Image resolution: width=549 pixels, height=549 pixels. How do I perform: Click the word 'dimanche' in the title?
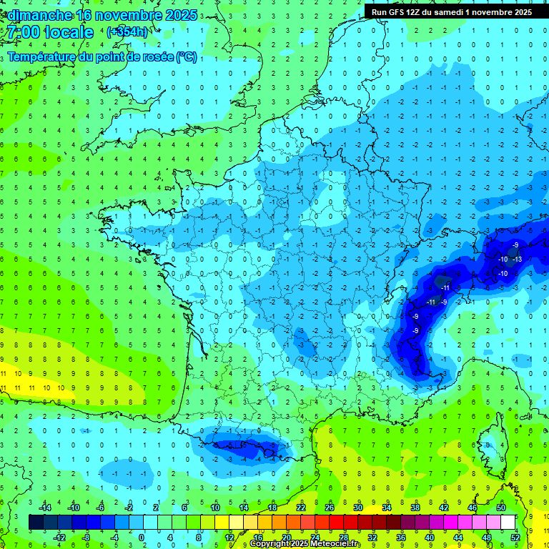click(38, 14)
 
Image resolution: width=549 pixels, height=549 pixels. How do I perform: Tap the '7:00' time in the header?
click(21, 32)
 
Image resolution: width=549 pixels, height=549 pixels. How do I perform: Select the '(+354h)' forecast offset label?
click(127, 31)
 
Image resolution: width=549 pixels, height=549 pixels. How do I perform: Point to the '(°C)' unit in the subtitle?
click(187, 56)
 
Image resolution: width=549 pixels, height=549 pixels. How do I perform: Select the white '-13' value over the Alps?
click(518, 259)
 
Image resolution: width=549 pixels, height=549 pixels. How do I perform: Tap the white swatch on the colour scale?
click(508, 523)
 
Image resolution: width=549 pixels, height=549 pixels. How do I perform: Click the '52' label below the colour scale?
click(516, 538)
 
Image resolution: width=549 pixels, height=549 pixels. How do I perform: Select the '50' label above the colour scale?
click(501, 508)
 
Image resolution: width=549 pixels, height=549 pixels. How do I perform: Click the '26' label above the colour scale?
click(330, 508)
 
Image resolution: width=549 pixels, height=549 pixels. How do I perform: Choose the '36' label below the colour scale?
click(401, 538)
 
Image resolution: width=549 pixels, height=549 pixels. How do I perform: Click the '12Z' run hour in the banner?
click(418, 12)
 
